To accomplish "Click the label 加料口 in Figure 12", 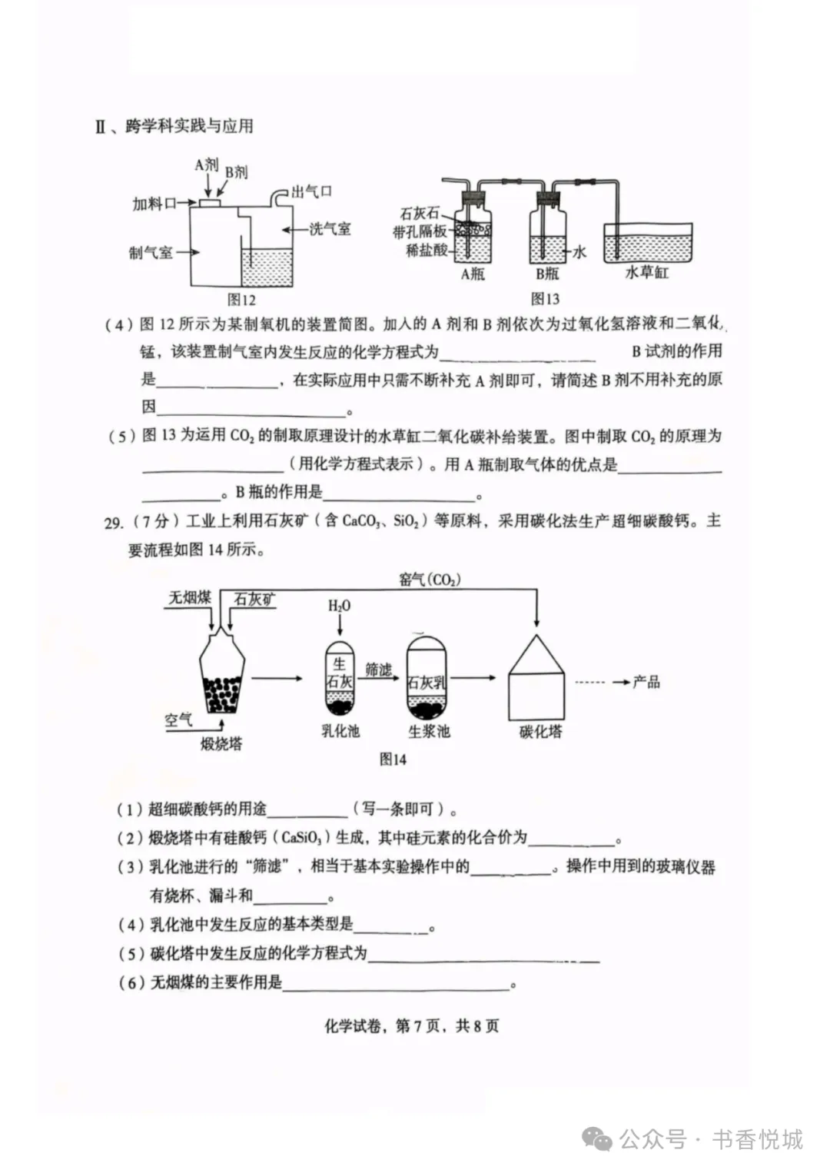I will coord(154,204).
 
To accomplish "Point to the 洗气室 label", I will coord(330,229).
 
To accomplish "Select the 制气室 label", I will coord(151,253).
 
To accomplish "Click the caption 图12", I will coord(241,300).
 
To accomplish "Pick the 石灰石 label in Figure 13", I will coord(420,214).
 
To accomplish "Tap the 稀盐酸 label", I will coord(427,250).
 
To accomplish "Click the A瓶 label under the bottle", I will coord(473,274).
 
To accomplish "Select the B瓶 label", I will coord(547,274).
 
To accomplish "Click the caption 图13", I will coord(545,299).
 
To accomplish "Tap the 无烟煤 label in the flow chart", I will coord(190,597).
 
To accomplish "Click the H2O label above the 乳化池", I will coord(339,606).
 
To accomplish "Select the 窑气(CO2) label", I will coord(430,579).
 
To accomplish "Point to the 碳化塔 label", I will coord(540,732).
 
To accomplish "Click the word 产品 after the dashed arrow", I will coord(646,682).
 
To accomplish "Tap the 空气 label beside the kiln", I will coord(178,720).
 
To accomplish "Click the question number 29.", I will coord(113,523).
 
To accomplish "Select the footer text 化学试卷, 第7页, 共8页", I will coord(412,1026).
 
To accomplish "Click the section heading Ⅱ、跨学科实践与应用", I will coord(174,126).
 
